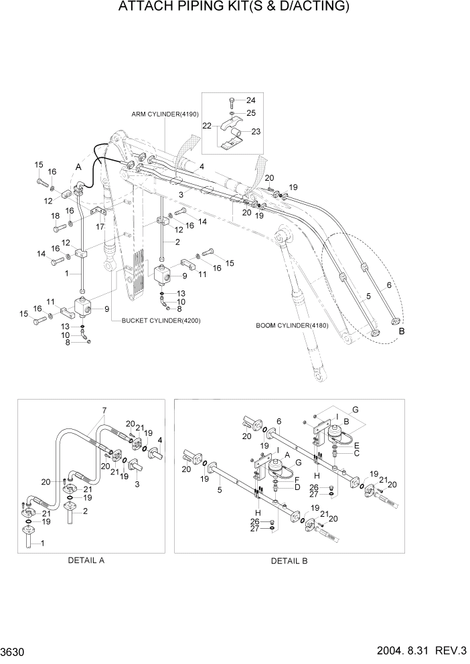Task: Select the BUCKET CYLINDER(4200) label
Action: (161, 321)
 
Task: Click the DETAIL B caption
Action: (289, 561)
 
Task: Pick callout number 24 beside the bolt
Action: (250, 100)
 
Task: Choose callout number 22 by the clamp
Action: (208, 125)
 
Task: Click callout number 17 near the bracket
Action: (100, 226)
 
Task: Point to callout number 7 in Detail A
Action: (104, 410)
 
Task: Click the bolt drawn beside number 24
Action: (231, 101)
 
